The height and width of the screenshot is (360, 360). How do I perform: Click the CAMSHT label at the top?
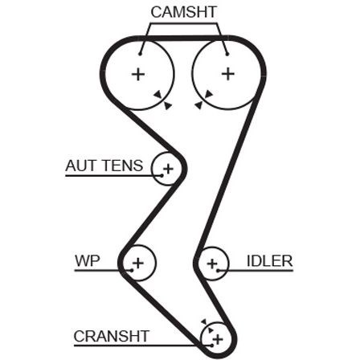[183, 12]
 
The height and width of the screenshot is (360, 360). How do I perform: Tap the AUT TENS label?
[104, 166]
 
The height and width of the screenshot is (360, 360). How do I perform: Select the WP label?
[88, 260]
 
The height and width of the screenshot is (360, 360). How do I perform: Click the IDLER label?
[269, 261]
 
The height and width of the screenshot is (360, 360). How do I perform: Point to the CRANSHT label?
[112, 336]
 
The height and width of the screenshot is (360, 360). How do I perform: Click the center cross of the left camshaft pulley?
[138, 74]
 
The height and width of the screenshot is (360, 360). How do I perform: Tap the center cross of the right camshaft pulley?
[228, 74]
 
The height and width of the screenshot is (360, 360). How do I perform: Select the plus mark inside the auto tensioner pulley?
[169, 169]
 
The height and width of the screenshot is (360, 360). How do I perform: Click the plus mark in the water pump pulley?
[138, 263]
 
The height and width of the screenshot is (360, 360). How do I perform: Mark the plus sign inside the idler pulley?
[212, 264]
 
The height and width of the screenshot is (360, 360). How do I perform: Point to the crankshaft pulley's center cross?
[218, 339]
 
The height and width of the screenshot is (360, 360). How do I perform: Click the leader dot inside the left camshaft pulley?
[140, 54]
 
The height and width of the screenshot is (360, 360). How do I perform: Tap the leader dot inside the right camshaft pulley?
[227, 55]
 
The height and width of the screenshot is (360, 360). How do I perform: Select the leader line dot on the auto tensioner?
[162, 175]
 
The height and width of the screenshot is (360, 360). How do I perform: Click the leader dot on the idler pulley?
[219, 271]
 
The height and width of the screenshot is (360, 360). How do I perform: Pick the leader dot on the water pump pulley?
[132, 270]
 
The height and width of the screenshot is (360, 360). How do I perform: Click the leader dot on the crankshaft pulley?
[212, 346]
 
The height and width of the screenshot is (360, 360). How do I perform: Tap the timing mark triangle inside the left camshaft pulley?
[157, 94]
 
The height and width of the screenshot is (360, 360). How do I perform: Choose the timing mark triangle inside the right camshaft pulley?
[208, 94]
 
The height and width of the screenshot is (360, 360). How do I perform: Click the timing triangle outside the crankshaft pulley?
[204, 321]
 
